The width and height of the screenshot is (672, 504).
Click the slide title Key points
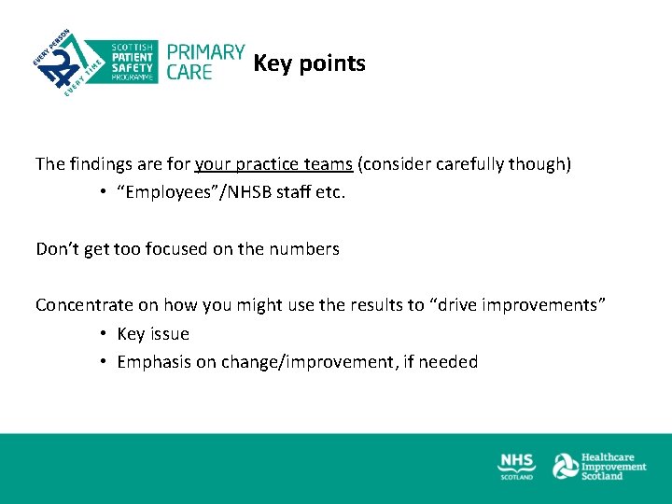(x=309, y=63)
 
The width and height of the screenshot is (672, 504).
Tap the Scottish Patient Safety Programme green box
(x=132, y=62)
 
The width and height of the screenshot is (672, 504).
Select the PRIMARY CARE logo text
(x=204, y=62)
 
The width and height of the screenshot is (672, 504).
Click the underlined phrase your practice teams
(x=273, y=164)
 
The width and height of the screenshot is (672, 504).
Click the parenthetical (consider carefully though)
(x=464, y=164)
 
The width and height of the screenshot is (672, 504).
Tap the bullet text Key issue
(x=153, y=334)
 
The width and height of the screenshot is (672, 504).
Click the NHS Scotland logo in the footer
(x=516, y=466)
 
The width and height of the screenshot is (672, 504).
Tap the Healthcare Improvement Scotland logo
(x=599, y=466)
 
